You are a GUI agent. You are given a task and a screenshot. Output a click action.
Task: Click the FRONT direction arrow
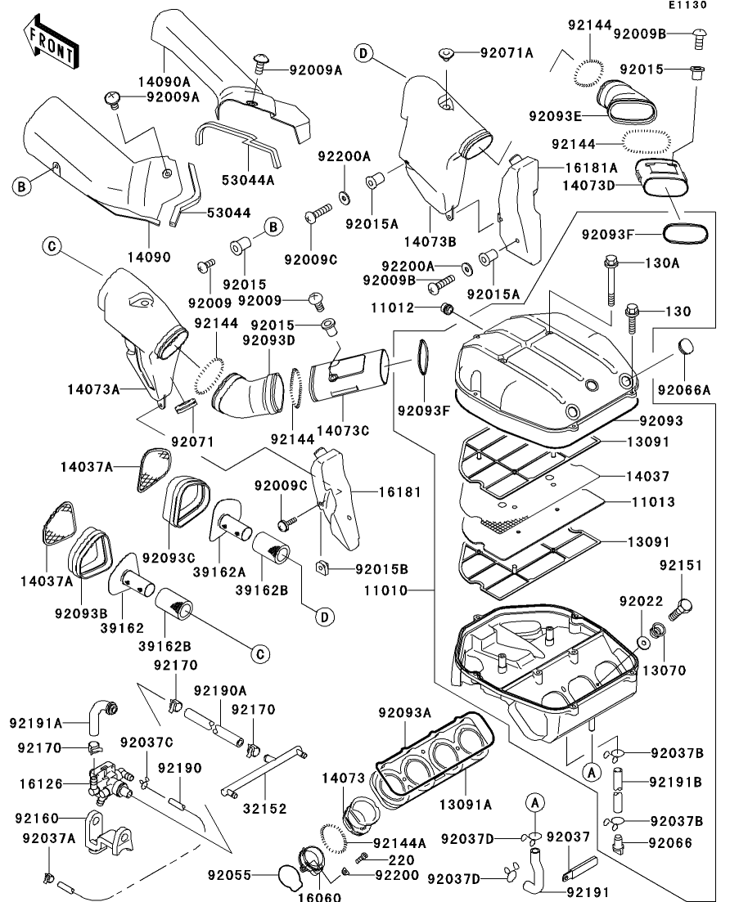(51, 43)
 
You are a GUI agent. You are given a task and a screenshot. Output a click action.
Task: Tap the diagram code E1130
(687, 5)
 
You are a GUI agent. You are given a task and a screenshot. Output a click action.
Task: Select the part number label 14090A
(164, 82)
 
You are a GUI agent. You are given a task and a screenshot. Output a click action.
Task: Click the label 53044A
(248, 180)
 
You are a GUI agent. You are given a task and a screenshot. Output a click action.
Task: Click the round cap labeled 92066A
(685, 347)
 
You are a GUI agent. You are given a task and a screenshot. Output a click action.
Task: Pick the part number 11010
(385, 590)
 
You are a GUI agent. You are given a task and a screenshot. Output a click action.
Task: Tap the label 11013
(653, 501)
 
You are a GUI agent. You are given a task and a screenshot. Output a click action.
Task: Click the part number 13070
(664, 671)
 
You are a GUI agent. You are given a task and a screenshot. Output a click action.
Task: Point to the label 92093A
(404, 713)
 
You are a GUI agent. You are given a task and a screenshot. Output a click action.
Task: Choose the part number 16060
(319, 896)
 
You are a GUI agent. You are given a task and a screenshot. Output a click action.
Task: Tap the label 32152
(264, 808)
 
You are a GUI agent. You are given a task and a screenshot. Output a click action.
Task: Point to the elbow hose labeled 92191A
(101, 716)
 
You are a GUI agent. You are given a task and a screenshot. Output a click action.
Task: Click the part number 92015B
(381, 569)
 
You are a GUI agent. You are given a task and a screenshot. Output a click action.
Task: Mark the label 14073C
(343, 430)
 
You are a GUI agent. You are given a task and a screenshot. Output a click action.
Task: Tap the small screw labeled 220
(363, 859)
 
